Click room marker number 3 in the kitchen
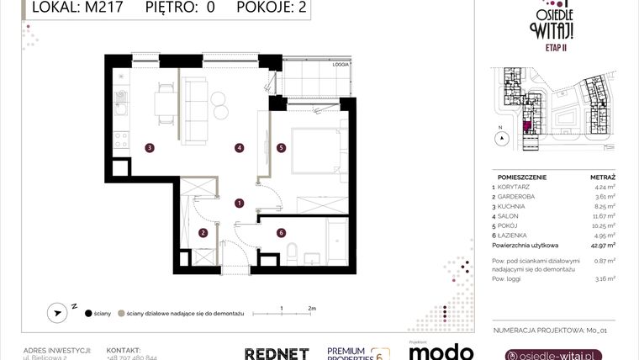click(x=149, y=148)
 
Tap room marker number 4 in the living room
click(x=239, y=148)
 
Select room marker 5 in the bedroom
click(x=281, y=148)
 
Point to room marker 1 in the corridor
click(x=239, y=203)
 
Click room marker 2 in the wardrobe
click(x=203, y=233)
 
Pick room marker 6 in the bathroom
click(x=281, y=233)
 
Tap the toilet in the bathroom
click(x=293, y=251)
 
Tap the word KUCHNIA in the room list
click(x=510, y=206)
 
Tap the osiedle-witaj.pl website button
click(x=553, y=355)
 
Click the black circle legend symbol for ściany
click(x=88, y=313)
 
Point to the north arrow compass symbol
click(x=58, y=312)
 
